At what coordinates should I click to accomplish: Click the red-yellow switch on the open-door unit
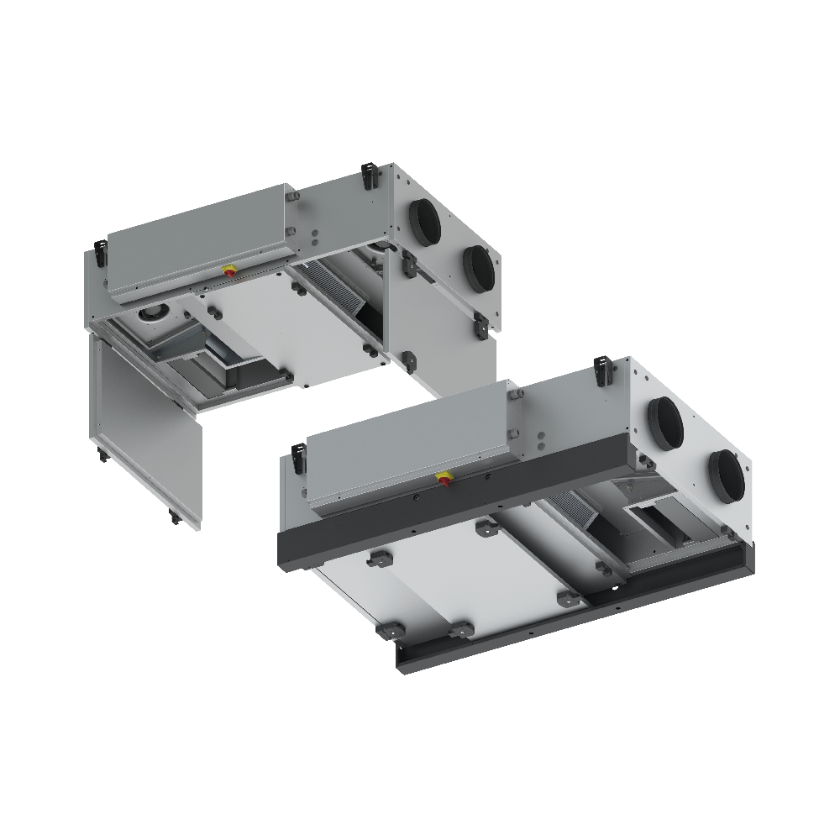pyautogui.click(x=228, y=270)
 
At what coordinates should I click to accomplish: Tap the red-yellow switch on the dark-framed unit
pyautogui.click(x=442, y=480)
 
